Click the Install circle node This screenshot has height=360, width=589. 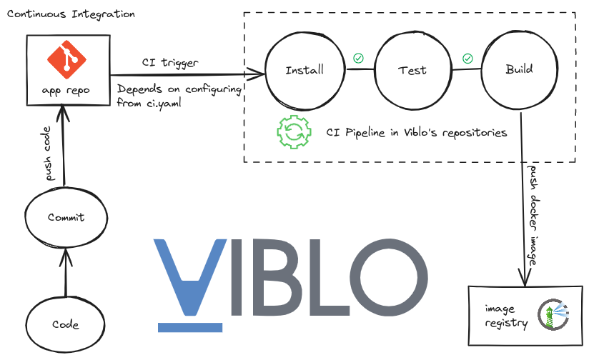305,70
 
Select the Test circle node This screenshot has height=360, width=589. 412,70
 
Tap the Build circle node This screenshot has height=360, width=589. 519,70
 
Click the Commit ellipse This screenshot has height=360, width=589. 66,217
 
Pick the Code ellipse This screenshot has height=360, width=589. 66,324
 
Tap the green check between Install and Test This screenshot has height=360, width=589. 358,57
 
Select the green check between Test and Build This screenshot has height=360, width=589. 467,58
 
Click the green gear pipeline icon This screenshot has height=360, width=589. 293,131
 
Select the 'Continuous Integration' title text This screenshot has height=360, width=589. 71,14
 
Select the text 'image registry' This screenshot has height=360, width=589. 506,316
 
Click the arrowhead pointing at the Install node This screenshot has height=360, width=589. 259,74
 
